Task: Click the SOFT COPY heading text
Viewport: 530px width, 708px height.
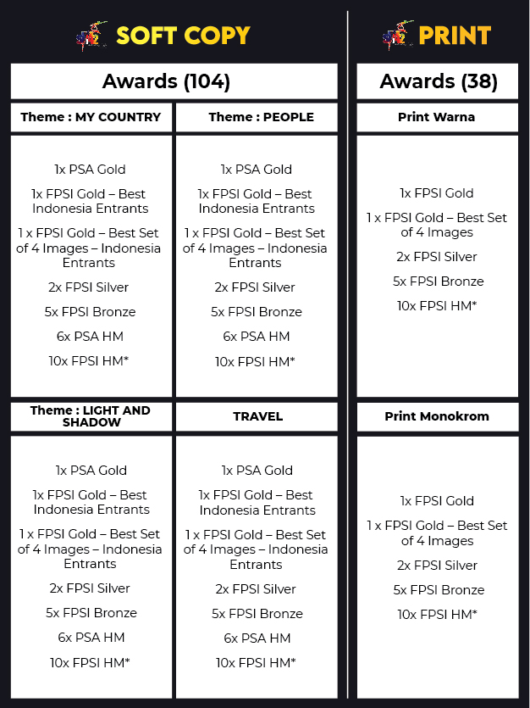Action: pos(183,36)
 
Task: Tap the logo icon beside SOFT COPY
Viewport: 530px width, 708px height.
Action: pos(92,36)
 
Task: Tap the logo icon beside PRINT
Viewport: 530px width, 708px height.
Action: pos(398,36)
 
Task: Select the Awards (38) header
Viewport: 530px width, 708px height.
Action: pos(438,81)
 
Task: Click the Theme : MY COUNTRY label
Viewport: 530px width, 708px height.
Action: pos(91,118)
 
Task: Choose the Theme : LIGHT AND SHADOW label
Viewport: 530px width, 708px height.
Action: pos(91,416)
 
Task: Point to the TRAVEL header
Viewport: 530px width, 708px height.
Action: pos(257,416)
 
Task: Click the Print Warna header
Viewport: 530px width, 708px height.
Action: pos(436,118)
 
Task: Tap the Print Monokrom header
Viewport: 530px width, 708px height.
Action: pos(436,416)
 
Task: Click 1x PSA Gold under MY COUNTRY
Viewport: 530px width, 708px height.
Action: pos(90,170)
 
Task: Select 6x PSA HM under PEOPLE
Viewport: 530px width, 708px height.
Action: pos(256,337)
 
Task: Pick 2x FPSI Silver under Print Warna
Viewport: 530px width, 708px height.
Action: pos(437,257)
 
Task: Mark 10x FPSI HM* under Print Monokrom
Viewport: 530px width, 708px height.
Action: pos(438,615)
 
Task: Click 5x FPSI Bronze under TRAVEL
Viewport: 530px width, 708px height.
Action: pos(257,614)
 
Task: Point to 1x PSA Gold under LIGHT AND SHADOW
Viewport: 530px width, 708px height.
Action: pos(91,471)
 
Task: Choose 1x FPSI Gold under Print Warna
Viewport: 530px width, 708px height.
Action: pos(437,193)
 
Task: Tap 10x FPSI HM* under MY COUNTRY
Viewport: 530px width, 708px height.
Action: pos(90,361)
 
